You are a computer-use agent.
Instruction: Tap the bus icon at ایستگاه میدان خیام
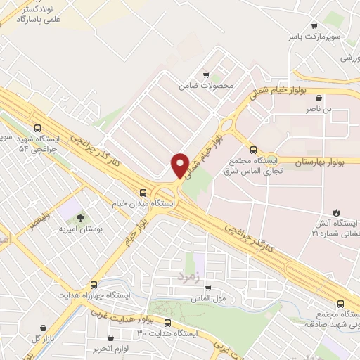[x=143, y=192]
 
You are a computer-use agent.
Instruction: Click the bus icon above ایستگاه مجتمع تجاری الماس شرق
[x=254, y=150]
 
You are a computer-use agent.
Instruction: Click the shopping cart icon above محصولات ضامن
[x=205, y=75]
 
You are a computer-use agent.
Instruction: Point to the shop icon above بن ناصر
[x=320, y=98]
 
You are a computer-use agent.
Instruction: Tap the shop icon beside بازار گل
[x=44, y=328]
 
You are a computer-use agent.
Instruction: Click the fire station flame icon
[x=336, y=212]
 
